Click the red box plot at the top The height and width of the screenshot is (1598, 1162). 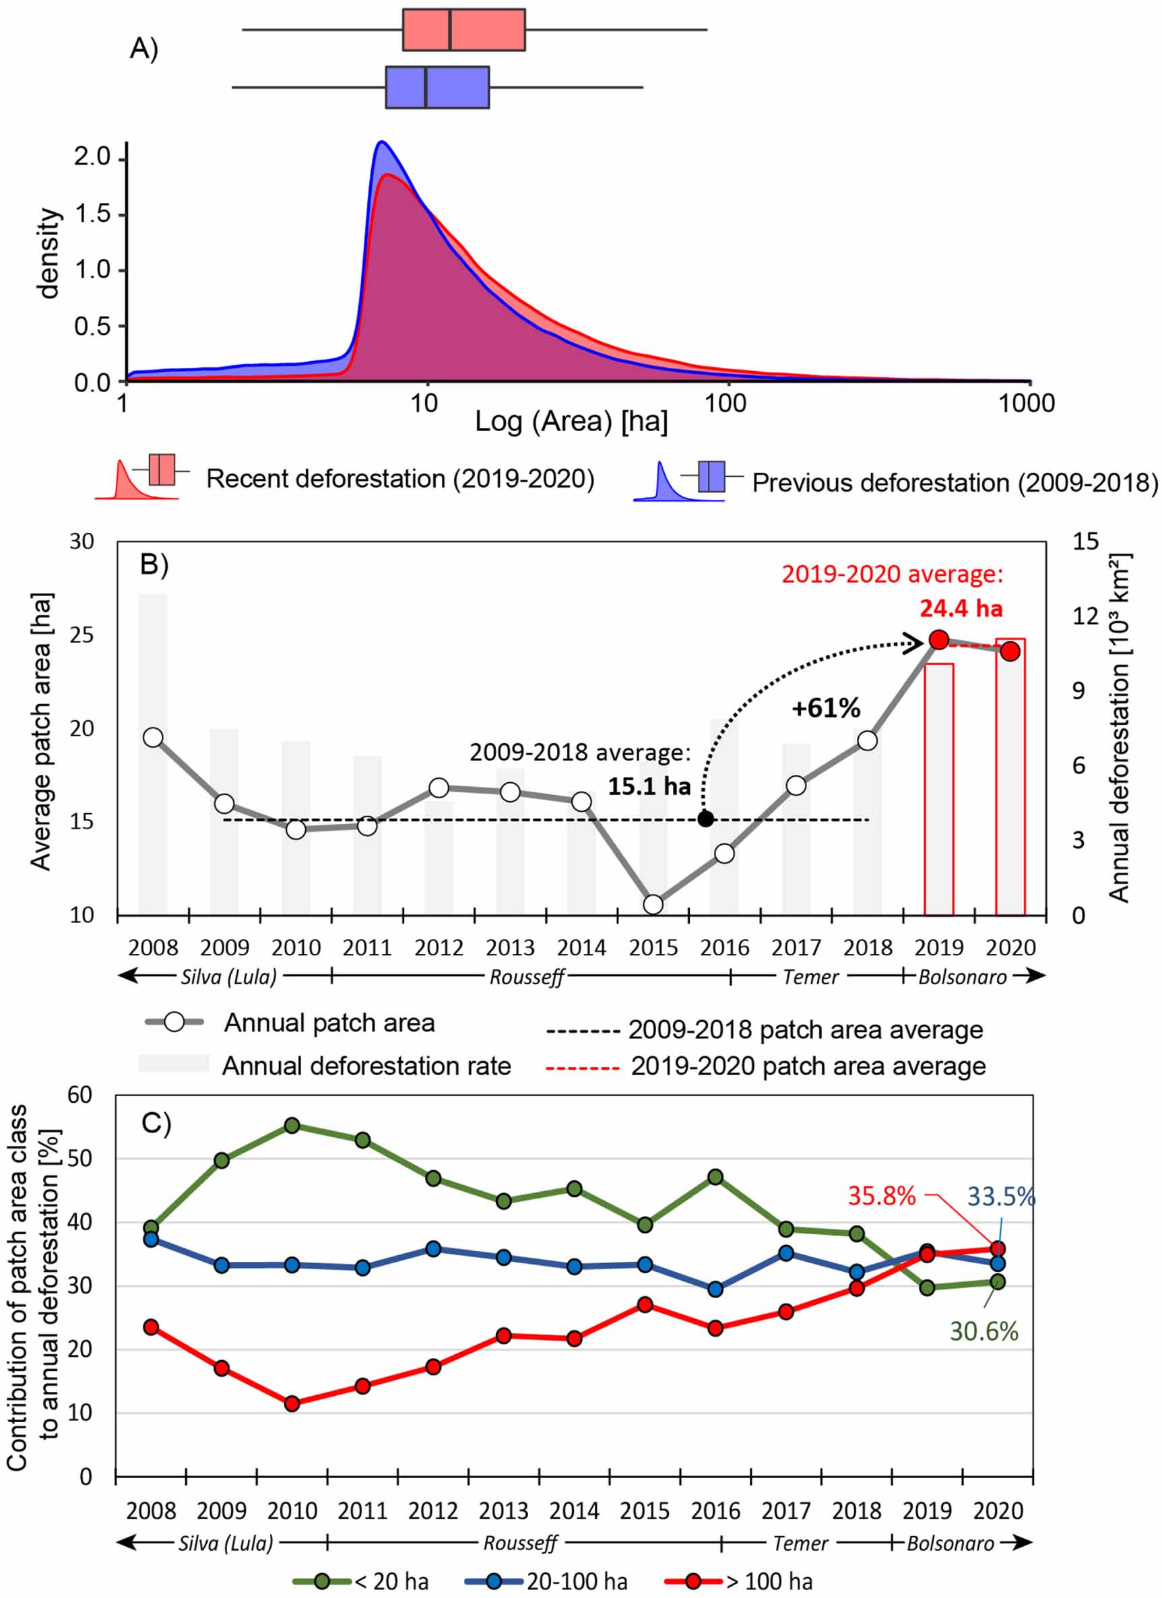pos(463,30)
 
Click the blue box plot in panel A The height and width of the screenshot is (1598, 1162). pos(437,88)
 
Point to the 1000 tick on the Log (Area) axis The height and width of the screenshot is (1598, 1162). pos(1026,404)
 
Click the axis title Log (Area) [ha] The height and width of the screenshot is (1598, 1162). pos(571,422)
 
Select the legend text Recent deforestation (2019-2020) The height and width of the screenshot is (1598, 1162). pos(399,479)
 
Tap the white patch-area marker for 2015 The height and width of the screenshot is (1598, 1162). pos(653,904)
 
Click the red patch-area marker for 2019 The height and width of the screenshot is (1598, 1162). pos(938,640)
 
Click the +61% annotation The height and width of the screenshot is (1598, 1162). pos(826,708)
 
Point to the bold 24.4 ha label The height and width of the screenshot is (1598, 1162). pos(961,608)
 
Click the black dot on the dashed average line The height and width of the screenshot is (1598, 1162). pos(705,819)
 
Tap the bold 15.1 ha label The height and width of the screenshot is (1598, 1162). pos(649,786)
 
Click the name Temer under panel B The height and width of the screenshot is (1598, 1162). pos(810,978)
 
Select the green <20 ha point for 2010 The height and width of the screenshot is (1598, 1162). pos(292,1125)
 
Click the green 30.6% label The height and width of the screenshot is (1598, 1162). pos(983,1332)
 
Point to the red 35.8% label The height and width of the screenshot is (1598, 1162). pos(881,1196)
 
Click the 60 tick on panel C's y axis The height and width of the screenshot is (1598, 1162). pos(79,1094)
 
